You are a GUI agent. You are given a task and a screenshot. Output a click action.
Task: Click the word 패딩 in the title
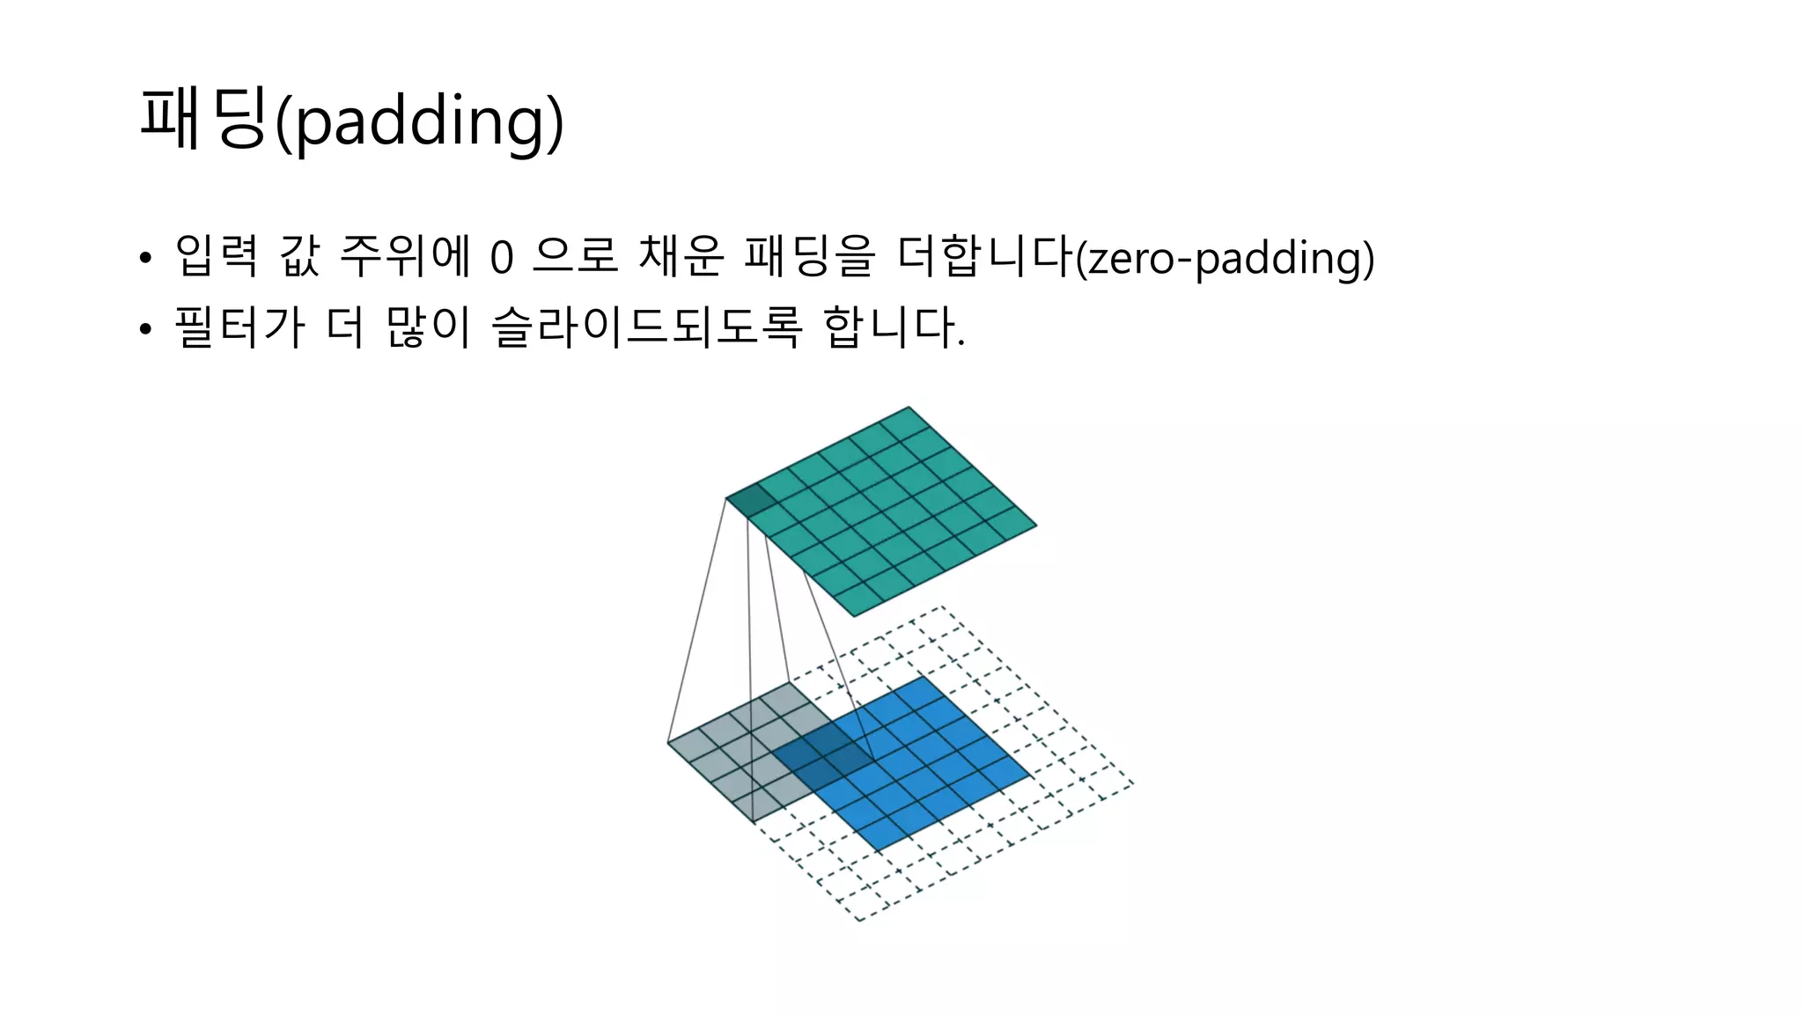pos(202,119)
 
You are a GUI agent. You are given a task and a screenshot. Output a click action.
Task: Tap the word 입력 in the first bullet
pos(216,256)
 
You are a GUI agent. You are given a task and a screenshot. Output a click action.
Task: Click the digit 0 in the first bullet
pos(500,258)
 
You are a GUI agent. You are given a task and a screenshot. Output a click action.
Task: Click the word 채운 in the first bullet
pos(679,256)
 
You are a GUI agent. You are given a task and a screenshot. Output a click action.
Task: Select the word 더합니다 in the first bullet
pos(984,256)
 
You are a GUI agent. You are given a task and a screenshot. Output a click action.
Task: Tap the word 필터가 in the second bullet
pos(239,327)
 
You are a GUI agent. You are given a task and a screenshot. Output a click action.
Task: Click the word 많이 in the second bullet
pos(429,327)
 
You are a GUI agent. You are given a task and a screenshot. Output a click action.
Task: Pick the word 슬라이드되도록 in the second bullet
pos(647,327)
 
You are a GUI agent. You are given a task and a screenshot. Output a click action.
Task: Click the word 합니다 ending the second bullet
pos(891,327)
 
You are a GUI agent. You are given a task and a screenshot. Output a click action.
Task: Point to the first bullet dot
pos(145,259)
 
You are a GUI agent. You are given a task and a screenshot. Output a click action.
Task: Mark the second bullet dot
pos(145,329)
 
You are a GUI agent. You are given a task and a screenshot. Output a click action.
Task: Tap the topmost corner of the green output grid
pos(909,408)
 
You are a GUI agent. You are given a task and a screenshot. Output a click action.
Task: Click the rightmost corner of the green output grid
pos(1036,525)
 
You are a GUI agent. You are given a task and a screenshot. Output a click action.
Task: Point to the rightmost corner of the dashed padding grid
pos(1133,783)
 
